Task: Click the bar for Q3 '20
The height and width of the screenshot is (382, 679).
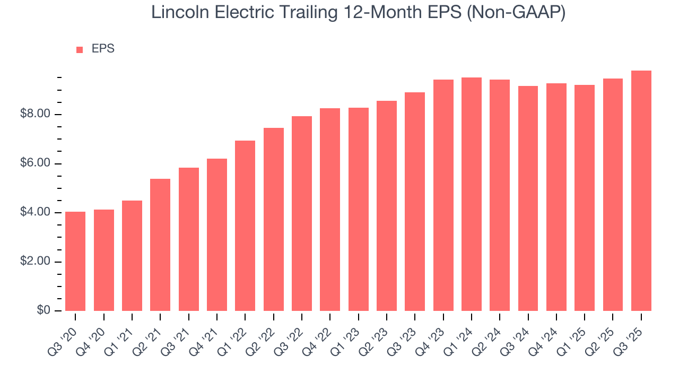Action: [75, 261]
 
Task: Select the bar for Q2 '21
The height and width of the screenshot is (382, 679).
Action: [160, 245]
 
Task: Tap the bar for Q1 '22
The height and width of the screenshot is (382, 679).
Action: [245, 225]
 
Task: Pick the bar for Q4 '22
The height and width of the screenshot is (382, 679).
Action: [330, 210]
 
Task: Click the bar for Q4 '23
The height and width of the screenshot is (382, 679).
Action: [443, 195]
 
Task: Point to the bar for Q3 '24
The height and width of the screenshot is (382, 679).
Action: [528, 198]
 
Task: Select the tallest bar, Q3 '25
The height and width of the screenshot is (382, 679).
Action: [641, 190]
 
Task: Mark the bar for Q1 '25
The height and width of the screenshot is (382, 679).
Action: [585, 198]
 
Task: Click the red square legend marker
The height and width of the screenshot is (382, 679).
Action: [80, 50]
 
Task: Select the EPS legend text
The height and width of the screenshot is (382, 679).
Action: [103, 49]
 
